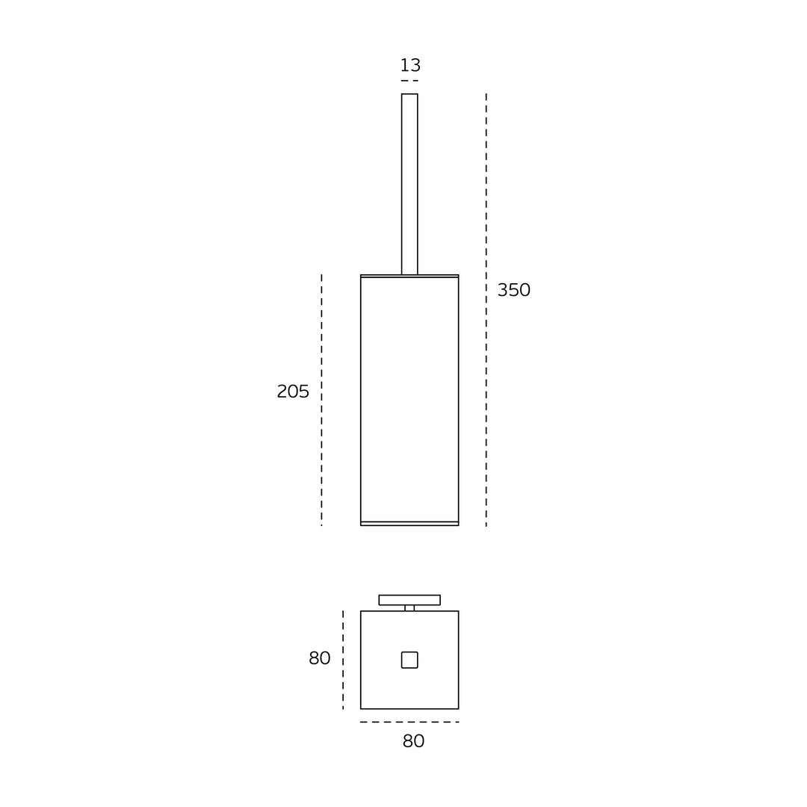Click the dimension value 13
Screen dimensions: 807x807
coord(410,65)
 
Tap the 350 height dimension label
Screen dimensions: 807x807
coord(513,290)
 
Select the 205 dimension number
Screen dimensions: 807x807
coord(293,392)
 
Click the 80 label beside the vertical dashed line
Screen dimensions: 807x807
coord(320,658)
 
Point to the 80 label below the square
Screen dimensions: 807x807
coord(413,741)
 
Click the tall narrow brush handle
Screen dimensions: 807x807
coord(409,184)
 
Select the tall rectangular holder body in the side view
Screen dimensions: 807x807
coord(409,400)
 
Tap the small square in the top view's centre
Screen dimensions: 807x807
coord(409,660)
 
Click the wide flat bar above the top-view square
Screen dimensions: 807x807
coord(409,600)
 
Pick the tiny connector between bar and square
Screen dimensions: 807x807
coord(409,607)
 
